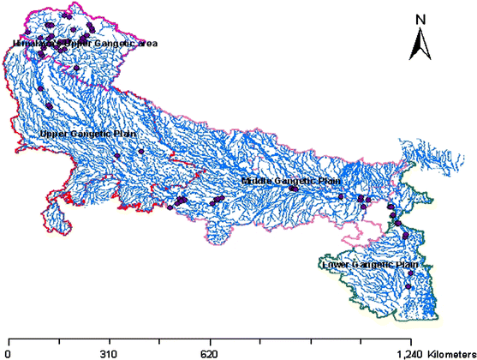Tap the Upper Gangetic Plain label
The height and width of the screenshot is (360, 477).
tap(86, 135)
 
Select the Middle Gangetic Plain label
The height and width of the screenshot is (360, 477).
tap(290, 181)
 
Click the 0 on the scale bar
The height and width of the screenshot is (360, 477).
tap(7, 352)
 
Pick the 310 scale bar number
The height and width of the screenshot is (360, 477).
tap(109, 352)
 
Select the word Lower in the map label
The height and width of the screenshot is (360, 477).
tap(333, 266)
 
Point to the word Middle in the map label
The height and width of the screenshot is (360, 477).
tap(256, 181)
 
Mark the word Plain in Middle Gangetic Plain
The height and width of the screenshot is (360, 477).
tap(327, 181)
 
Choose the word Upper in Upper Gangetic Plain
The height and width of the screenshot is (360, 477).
tap(53, 135)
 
